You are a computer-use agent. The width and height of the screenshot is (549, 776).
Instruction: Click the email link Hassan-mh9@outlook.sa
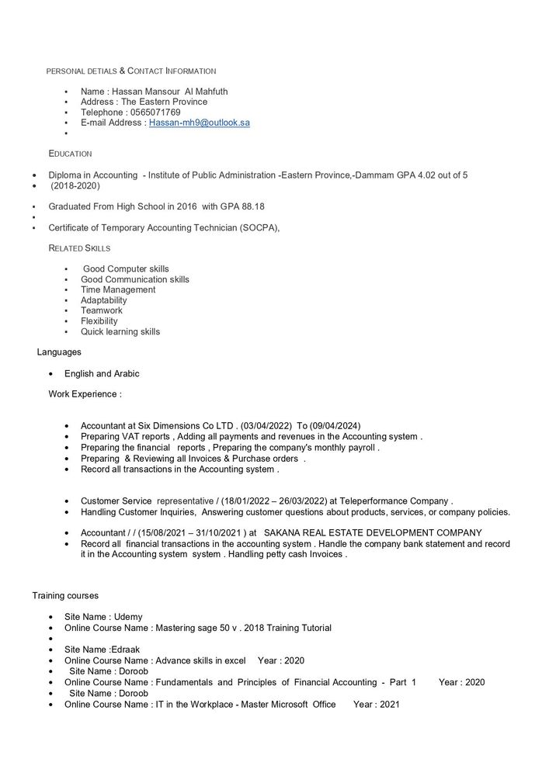pyautogui.click(x=199, y=123)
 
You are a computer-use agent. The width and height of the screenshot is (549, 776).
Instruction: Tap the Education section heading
pyautogui.click(x=70, y=154)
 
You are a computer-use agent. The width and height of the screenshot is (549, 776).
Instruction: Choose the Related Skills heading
pyautogui.click(x=79, y=248)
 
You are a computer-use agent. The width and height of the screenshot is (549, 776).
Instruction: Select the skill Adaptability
pyautogui.click(x=103, y=300)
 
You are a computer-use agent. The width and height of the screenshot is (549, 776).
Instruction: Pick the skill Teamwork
pyautogui.click(x=101, y=310)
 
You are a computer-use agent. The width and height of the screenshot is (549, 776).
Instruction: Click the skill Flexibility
pyautogui.click(x=99, y=321)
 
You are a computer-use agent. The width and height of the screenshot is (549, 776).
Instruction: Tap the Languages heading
pyautogui.click(x=59, y=352)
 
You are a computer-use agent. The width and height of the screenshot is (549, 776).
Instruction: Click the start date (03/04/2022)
pyautogui.click(x=266, y=426)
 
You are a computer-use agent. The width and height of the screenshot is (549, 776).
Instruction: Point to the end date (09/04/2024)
pyautogui.click(x=335, y=426)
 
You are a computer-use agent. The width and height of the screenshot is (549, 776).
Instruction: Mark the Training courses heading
pyautogui.click(x=65, y=596)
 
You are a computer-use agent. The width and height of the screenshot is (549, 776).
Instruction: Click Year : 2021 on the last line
pyautogui.click(x=377, y=705)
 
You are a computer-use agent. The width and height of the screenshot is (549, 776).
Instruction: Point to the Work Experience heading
pyautogui.click(x=85, y=394)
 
